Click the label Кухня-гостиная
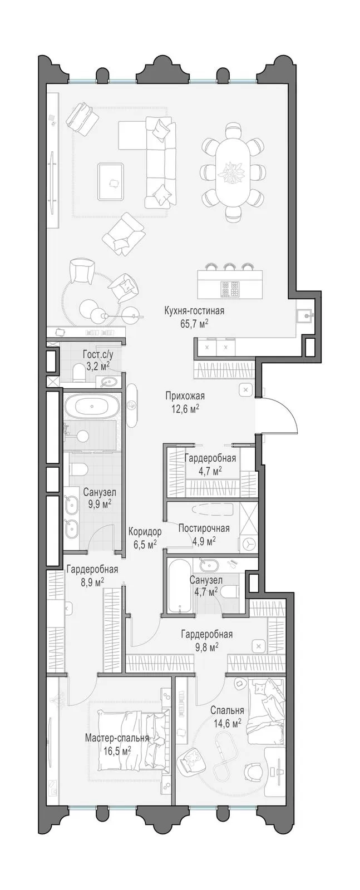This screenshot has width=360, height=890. click(194, 311)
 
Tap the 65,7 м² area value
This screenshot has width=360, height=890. click(195, 324)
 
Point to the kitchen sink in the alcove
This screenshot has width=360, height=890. click(306, 316)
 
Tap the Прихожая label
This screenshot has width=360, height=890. click(185, 396)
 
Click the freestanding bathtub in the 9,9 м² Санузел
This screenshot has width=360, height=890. click(92, 406)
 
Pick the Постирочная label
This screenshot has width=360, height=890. click(204, 528)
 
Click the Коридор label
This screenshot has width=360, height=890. click(145, 531)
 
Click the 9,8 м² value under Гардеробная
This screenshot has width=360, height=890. click(206, 647)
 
